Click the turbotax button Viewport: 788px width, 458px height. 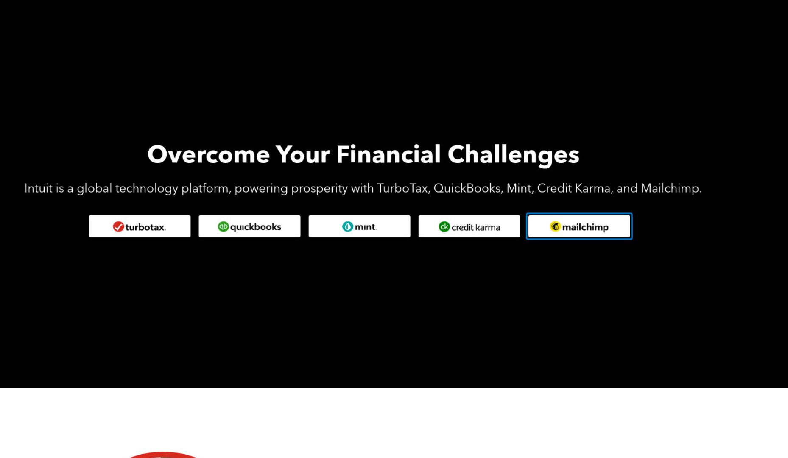(140, 226)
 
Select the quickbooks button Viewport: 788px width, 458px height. (249, 226)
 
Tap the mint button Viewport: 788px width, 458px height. (359, 226)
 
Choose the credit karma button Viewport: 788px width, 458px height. (469, 226)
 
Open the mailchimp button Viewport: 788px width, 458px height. (579, 226)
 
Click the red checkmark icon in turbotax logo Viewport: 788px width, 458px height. (118, 227)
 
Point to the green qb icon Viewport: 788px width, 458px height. (223, 226)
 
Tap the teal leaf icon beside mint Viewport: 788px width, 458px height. (347, 226)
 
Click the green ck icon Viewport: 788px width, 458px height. (444, 226)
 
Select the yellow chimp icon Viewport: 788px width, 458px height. (555, 226)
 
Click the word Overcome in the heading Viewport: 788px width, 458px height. (208, 154)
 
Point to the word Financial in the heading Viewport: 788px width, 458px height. (388, 154)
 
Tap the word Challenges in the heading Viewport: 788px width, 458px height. (513, 155)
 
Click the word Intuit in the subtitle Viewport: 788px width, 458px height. (38, 188)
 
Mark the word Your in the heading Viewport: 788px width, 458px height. (302, 154)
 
